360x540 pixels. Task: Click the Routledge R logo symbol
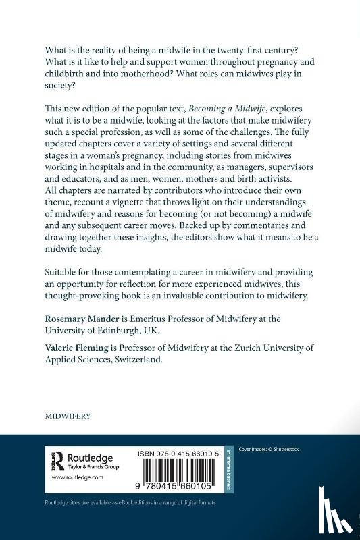pos(57,460)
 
